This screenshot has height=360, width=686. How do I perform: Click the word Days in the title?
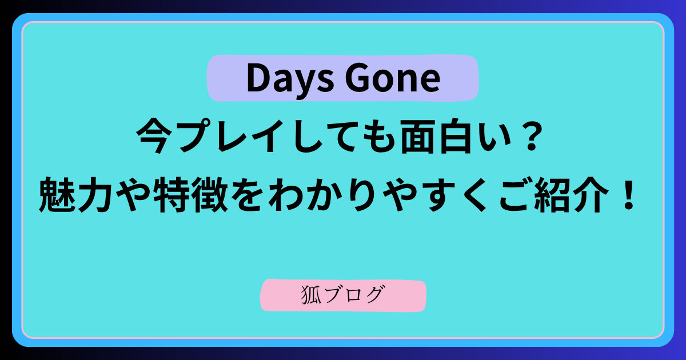tap(290, 79)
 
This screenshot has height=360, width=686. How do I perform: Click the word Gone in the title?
tap(393, 78)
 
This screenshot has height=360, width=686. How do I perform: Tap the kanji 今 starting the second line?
tap(153, 136)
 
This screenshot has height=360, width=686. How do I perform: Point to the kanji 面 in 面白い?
tap(417, 137)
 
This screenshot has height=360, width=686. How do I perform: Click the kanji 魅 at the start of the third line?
tap(57, 195)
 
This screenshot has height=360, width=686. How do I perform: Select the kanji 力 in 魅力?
tap(95, 195)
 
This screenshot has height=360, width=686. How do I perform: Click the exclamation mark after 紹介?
tap(629, 194)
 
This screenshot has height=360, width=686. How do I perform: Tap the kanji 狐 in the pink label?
tap(311, 295)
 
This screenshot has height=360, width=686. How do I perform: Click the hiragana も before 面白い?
tap(381, 137)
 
